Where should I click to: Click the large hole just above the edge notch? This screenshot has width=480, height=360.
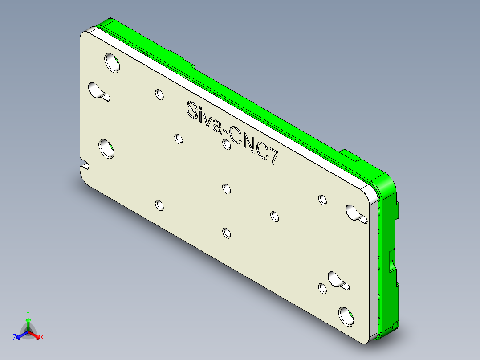point(107,148)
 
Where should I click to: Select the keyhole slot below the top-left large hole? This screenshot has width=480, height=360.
point(99,91)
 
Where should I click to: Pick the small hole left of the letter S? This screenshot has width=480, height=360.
point(159,94)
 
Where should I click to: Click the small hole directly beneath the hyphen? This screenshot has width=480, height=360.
point(227,144)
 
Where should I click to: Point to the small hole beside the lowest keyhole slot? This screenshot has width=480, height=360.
point(323,288)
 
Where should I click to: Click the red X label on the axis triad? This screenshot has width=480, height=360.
point(42,337)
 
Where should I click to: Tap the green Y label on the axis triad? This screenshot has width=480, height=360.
point(28,313)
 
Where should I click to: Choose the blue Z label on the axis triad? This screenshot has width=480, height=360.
point(15,337)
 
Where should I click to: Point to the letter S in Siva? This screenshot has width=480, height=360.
point(193,110)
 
